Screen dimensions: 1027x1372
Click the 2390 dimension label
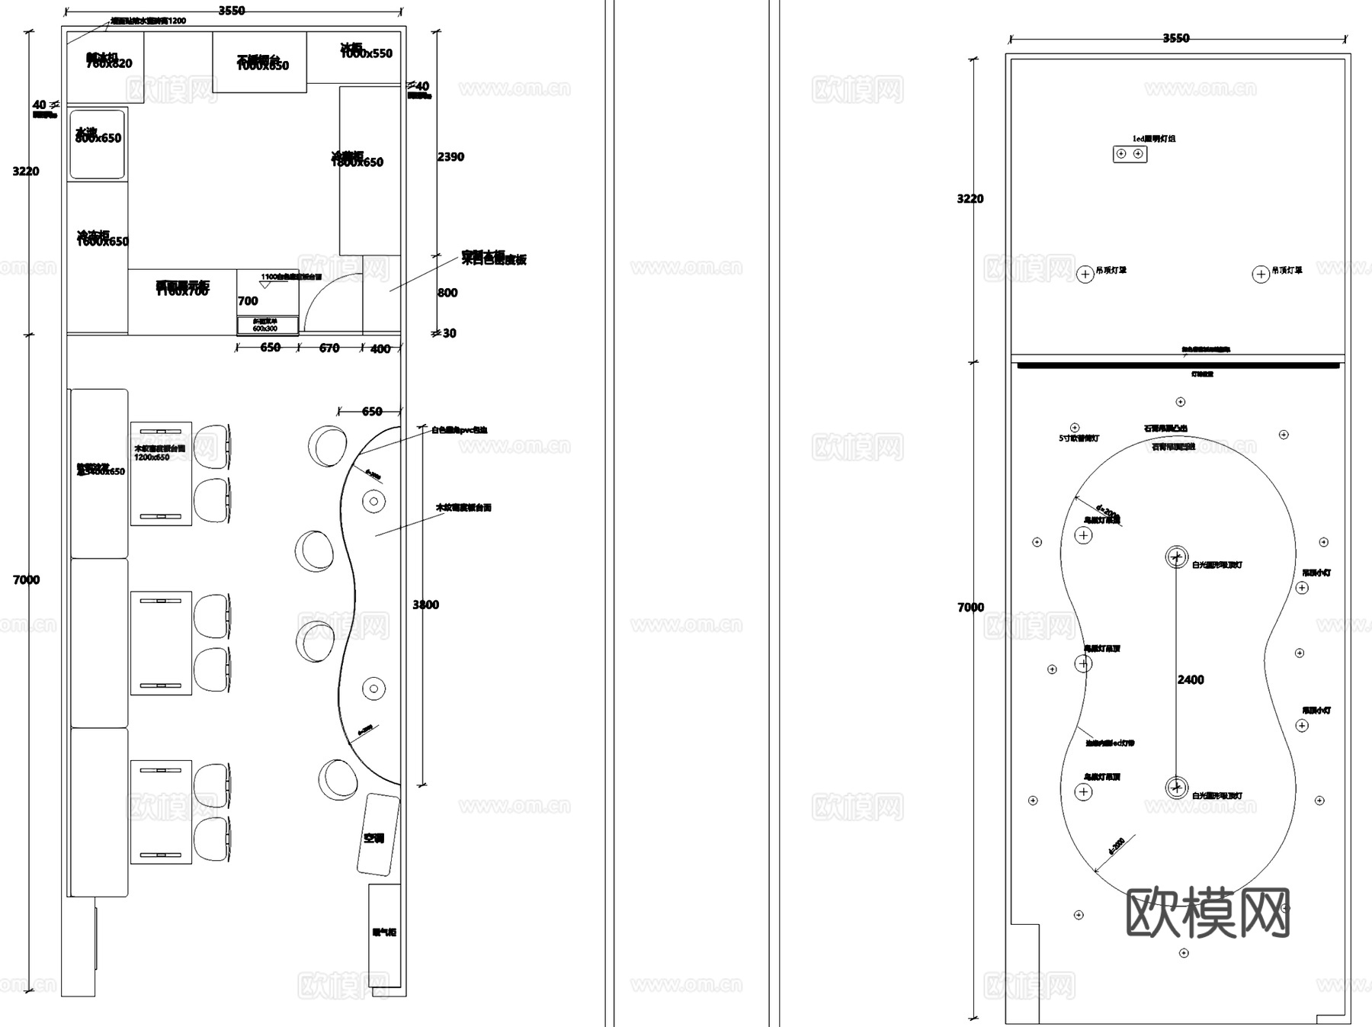pos(450,157)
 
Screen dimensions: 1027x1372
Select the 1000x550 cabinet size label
pos(366,53)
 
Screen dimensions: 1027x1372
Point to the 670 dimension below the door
pos(329,348)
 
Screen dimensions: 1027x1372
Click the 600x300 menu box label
pos(265,328)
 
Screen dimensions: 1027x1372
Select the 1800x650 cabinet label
pos(357,162)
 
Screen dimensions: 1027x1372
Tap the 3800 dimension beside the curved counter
pos(425,605)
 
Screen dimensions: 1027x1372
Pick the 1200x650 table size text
pos(152,457)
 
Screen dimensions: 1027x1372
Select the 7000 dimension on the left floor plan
pos(26,580)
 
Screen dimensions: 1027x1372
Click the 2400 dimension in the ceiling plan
pos(1191,680)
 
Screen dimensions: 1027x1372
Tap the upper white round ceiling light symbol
pos(1176,557)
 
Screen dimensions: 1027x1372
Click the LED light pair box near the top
pos(1130,154)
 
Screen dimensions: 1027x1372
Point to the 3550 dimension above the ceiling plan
pos(1175,38)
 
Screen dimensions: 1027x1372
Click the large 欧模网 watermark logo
pos(1207,913)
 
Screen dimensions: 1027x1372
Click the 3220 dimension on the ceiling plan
pos(970,199)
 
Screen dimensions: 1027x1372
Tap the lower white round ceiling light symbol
pos(1176,788)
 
